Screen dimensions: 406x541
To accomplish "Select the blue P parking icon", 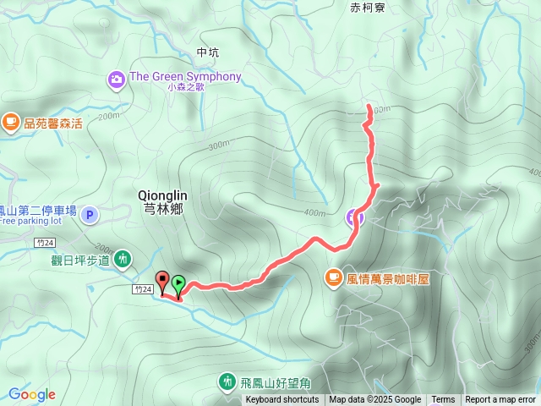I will (x=91, y=215).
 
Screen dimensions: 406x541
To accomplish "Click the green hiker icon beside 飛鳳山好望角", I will (x=227, y=382).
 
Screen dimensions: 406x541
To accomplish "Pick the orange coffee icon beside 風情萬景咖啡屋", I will (x=333, y=277).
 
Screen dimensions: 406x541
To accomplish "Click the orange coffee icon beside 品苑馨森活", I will (x=10, y=123).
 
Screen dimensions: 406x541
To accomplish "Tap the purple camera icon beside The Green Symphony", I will (x=117, y=80).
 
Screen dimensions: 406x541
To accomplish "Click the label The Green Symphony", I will (x=185, y=76).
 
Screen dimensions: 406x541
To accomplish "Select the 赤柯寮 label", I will (x=367, y=7).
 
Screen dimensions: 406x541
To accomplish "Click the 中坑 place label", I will (x=207, y=52).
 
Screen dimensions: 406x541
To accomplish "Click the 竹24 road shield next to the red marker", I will (x=142, y=289).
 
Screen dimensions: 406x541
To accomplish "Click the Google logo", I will (x=32, y=394).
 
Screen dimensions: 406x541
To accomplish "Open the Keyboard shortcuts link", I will (x=282, y=400).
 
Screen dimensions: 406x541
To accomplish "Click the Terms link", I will (x=443, y=400).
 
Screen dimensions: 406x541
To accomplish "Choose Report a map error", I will (x=501, y=400).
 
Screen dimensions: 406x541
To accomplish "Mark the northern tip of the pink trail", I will (x=369, y=105).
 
